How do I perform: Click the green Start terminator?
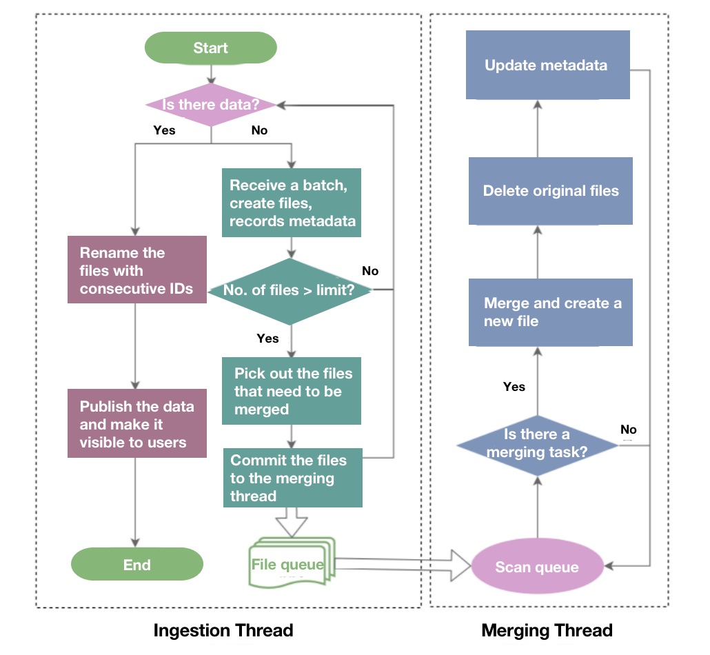tap(210, 48)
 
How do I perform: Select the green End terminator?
tap(137, 565)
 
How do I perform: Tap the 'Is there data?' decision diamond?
tap(210, 105)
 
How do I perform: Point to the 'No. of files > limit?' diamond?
tap(290, 290)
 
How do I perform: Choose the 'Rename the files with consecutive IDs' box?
tap(137, 270)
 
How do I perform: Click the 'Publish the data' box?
tap(137, 423)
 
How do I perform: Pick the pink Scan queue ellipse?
tap(537, 567)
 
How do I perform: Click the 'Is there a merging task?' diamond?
tap(537, 443)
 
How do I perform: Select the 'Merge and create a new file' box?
tap(550, 312)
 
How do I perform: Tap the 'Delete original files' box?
tap(550, 191)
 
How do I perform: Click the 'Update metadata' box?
tap(547, 65)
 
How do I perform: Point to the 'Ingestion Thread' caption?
tap(223, 630)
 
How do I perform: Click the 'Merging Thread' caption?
tap(547, 630)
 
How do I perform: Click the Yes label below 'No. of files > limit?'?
tap(267, 339)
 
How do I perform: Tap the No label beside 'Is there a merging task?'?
tap(628, 430)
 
